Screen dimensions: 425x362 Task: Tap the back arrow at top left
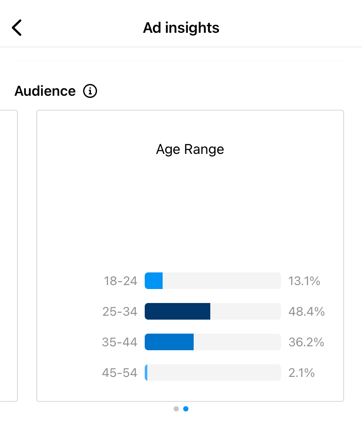pos(17,28)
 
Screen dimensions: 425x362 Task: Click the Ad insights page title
pos(181,28)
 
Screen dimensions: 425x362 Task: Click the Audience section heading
pos(45,91)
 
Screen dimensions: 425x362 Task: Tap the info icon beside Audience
pos(90,91)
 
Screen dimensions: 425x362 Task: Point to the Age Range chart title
pos(190,150)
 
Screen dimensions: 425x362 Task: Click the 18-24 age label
pos(120,281)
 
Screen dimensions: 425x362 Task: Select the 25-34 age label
pos(120,311)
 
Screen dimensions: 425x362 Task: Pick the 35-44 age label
pos(120,342)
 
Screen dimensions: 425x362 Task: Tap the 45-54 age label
pos(120,373)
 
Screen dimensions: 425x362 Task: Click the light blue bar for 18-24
pos(154,281)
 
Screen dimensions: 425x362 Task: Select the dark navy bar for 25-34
pos(178,311)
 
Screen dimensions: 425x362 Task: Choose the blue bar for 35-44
pos(169,342)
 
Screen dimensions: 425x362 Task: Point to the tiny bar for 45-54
pos(146,373)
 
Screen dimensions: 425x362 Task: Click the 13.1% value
pos(304,281)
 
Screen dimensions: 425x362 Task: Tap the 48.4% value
pos(306,311)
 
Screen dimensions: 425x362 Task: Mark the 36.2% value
pos(306,342)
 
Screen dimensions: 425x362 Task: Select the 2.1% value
pos(302,373)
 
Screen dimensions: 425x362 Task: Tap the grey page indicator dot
pos(176,409)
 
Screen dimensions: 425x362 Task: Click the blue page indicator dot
pos(186,409)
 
